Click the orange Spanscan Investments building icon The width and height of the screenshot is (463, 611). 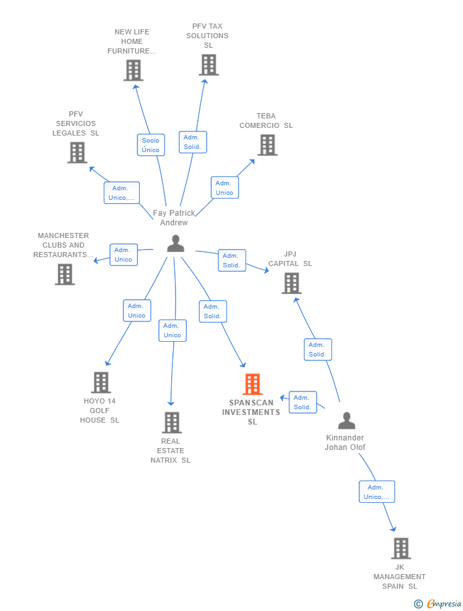252,384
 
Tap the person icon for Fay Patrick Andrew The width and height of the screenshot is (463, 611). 175,243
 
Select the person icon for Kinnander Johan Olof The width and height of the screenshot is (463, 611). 346,421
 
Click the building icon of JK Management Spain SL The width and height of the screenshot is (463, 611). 400,548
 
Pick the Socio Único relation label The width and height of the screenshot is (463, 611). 151,145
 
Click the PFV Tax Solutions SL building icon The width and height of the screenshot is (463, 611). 208,65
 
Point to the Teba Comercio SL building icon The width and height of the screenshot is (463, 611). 267,145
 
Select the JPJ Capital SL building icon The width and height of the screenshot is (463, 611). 291,283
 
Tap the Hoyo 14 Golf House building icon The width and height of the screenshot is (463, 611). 100,383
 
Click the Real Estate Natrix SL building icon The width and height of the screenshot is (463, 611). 171,423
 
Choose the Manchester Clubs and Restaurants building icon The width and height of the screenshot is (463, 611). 64,274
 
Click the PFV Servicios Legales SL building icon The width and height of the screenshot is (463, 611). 77,153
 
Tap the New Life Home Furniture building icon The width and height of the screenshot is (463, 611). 133,70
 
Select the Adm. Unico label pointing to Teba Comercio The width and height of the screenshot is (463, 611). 225,188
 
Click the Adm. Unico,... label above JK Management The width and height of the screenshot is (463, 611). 377,492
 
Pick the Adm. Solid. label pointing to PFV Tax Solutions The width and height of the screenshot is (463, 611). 191,142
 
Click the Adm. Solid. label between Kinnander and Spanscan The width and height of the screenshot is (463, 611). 302,402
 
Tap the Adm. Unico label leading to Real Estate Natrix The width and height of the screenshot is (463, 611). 172,330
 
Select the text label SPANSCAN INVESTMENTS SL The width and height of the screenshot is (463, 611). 251,412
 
